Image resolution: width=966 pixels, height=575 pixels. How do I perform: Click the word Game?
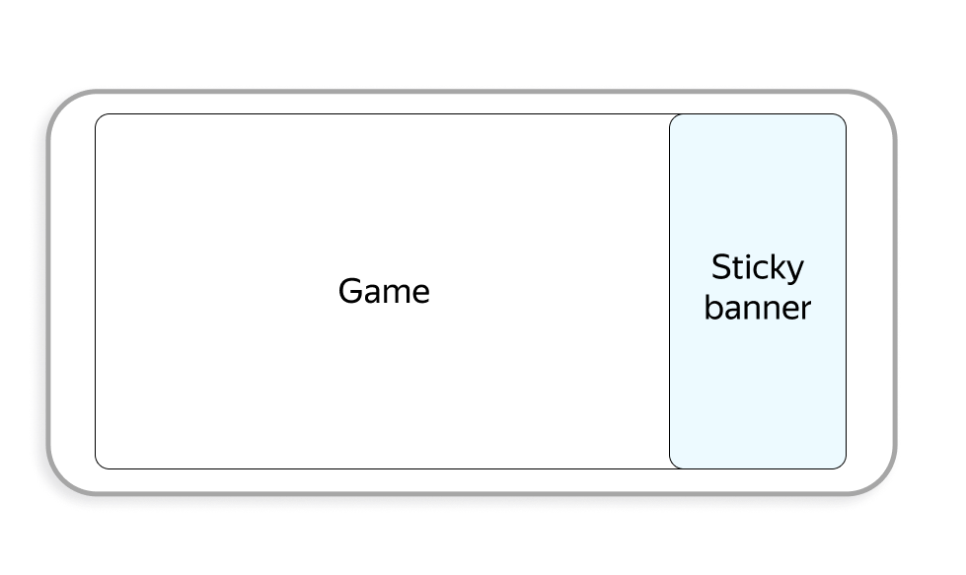[x=384, y=292]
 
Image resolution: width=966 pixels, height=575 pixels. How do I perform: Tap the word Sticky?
[x=758, y=268]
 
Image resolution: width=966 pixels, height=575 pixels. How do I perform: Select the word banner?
[x=758, y=308]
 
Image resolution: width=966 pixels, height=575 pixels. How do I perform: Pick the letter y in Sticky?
[x=794, y=271]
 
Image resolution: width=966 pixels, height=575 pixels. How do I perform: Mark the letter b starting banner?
[x=712, y=307]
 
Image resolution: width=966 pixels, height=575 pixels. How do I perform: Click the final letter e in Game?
[x=420, y=294]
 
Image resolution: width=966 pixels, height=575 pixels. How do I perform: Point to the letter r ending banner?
[x=805, y=310]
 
